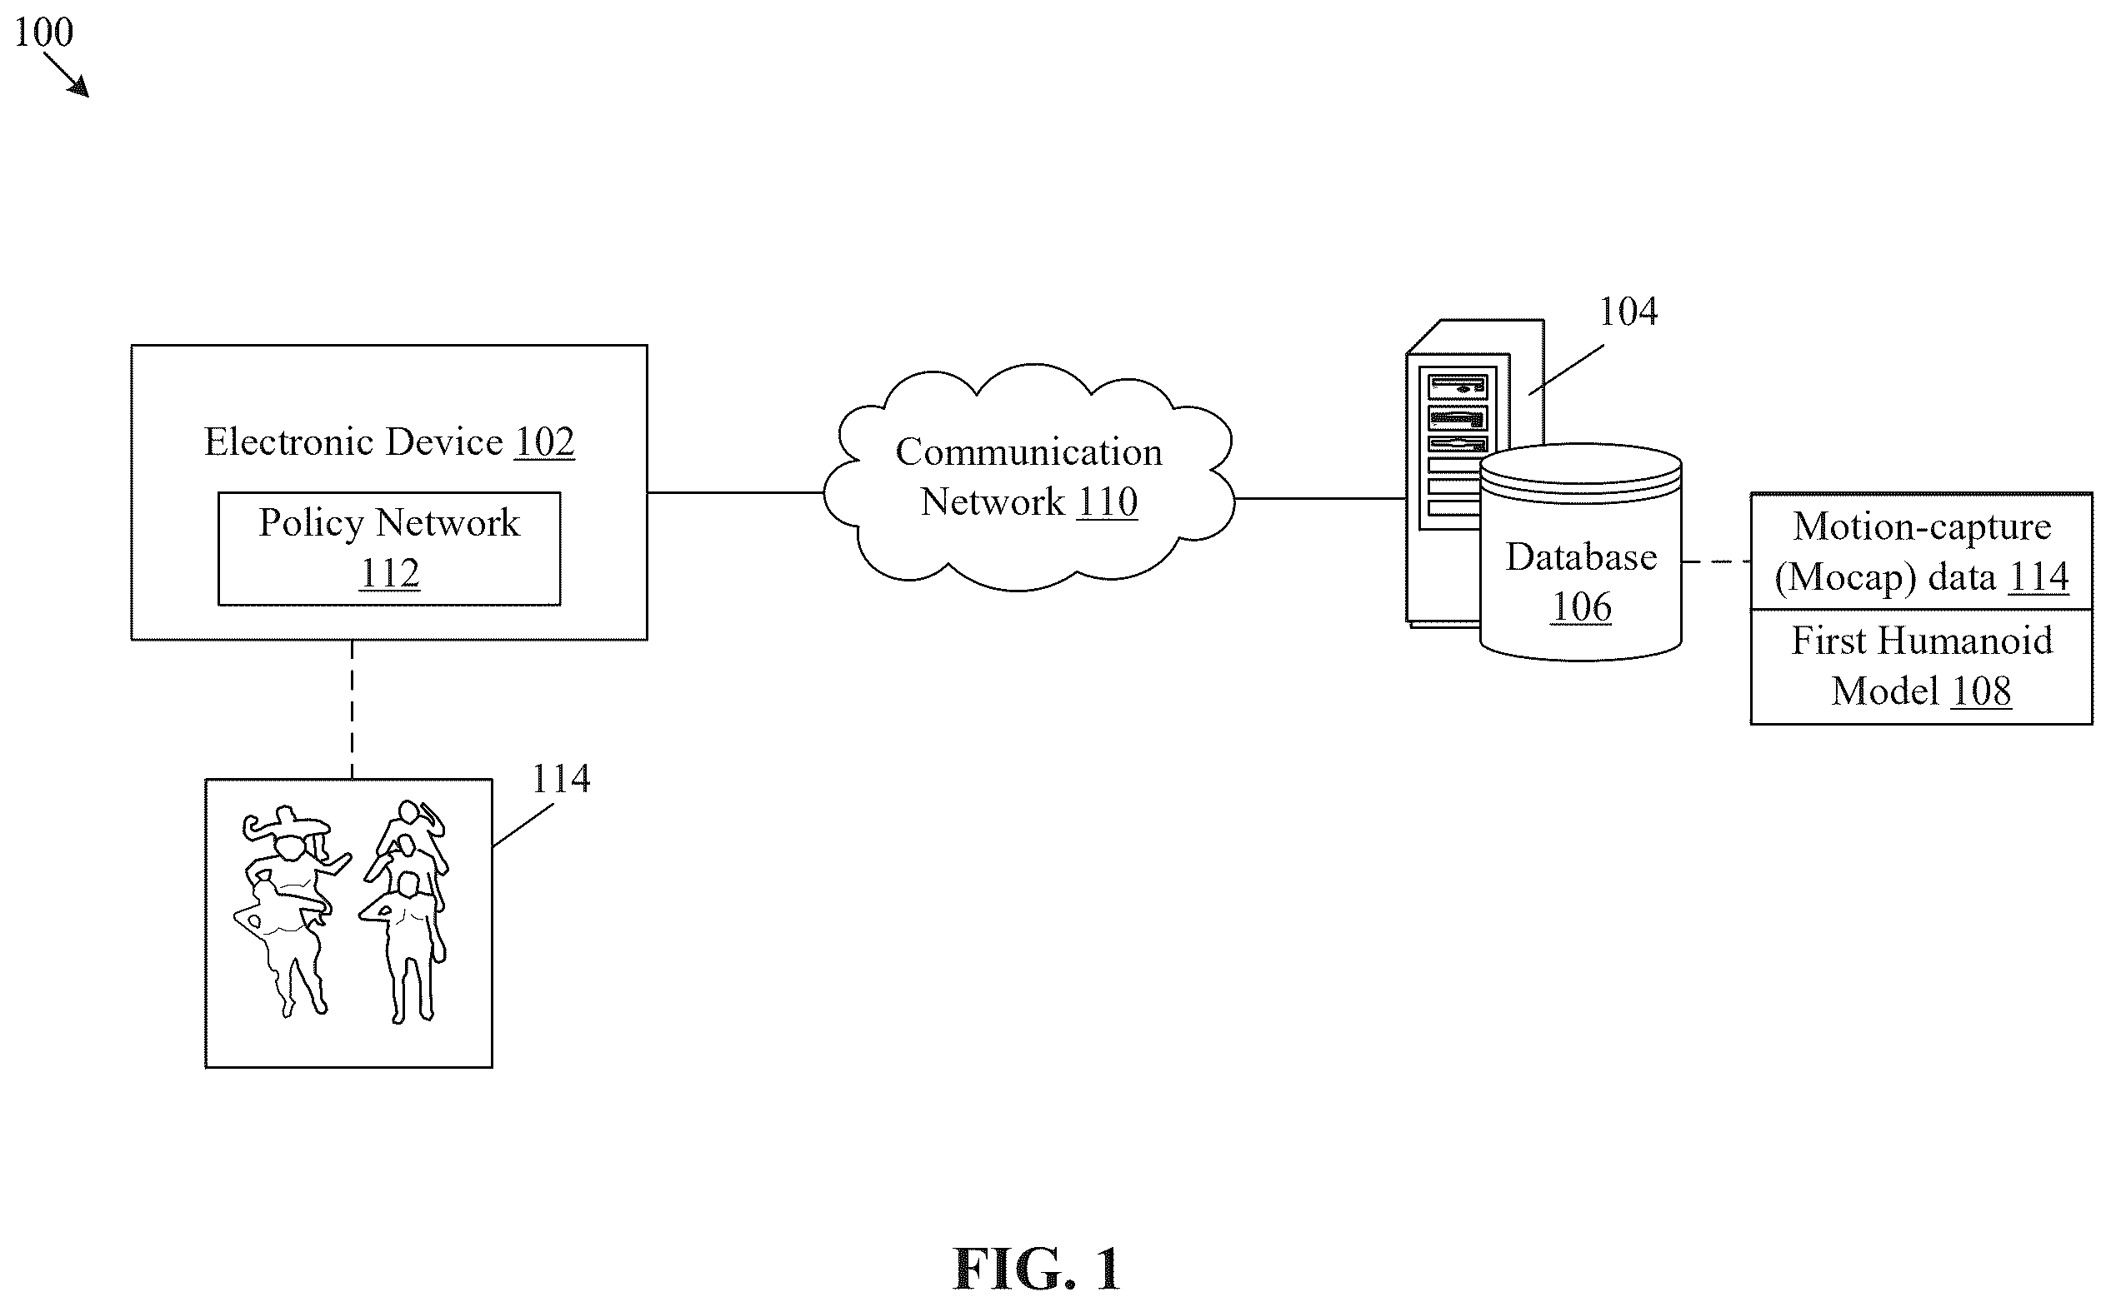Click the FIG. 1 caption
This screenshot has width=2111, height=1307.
point(1036,1269)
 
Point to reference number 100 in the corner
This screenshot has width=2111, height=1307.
point(43,32)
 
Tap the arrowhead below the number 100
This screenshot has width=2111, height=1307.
point(79,86)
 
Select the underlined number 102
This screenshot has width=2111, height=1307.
point(544,441)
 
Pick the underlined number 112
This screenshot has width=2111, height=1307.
point(389,573)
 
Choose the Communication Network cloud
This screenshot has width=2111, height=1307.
point(1028,477)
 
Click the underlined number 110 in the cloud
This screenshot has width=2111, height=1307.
point(1107,501)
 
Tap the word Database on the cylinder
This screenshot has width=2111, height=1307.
point(1581,556)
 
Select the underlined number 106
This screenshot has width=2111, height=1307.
point(1581,606)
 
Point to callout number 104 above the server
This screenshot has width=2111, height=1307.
point(1628,312)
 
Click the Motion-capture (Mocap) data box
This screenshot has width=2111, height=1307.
point(1922,551)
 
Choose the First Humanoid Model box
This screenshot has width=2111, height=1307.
point(1922,666)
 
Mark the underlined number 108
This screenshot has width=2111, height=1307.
point(1981,691)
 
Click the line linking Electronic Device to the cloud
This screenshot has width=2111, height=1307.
point(735,492)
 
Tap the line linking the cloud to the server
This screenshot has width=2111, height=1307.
point(1321,498)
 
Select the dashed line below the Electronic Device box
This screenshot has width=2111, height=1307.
point(352,710)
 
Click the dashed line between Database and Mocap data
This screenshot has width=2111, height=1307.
point(1717,562)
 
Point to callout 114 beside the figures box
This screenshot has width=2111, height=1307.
point(560,779)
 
